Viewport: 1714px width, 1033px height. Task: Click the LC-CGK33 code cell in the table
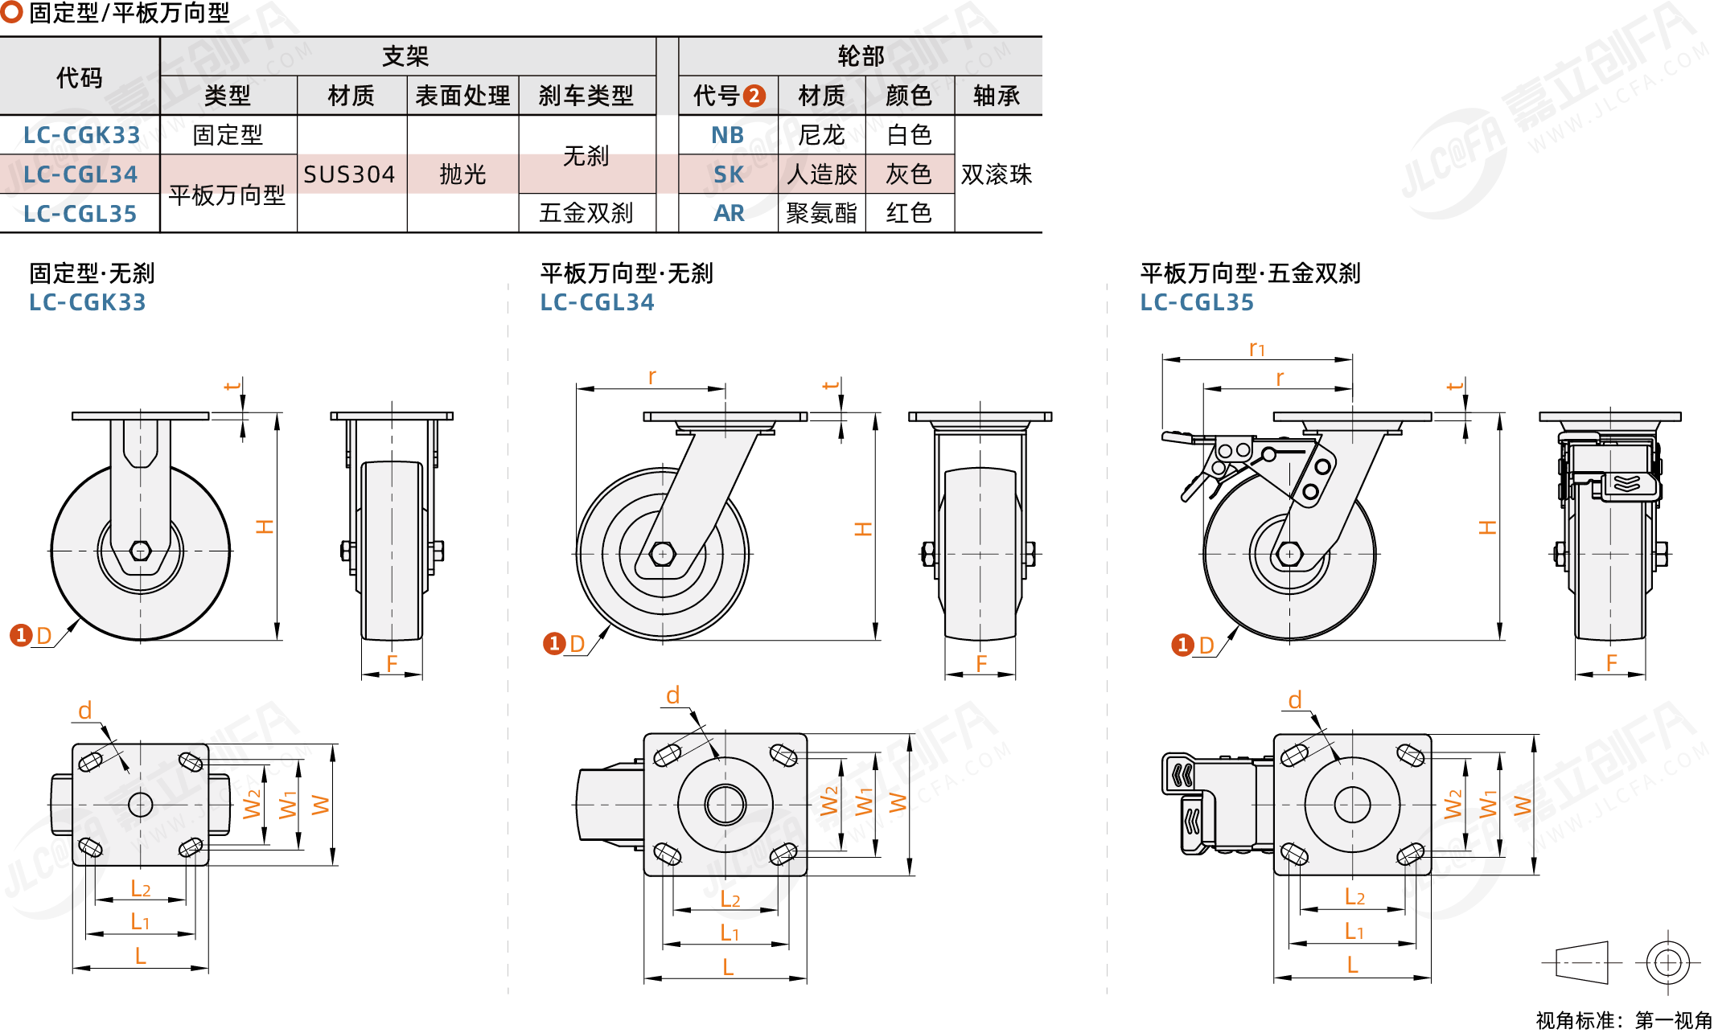click(x=81, y=135)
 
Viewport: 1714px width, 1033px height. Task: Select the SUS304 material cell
click(x=349, y=174)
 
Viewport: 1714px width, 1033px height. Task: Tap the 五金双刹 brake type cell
click(x=586, y=213)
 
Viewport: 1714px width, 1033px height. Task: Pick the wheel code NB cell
click(x=727, y=135)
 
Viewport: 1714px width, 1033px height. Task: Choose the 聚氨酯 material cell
click(x=821, y=213)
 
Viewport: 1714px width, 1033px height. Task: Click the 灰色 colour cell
click(x=909, y=174)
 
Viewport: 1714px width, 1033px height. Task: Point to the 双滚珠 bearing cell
click(x=997, y=174)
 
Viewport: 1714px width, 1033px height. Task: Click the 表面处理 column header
click(x=462, y=96)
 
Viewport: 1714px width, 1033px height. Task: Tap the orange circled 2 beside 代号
click(x=754, y=96)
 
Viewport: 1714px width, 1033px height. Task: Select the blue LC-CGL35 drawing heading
click(x=1197, y=302)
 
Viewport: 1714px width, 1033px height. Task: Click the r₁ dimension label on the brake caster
click(x=1256, y=348)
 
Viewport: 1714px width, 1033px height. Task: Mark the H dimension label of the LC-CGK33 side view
click(x=265, y=527)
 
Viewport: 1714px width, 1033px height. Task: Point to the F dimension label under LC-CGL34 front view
click(x=981, y=663)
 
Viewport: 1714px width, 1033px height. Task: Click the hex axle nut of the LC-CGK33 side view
click(x=140, y=551)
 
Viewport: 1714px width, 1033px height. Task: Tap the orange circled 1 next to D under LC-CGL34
click(x=553, y=643)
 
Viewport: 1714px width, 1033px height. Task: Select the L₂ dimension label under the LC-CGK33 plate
click(x=140, y=888)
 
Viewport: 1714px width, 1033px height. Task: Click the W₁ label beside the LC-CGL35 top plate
click(x=1488, y=804)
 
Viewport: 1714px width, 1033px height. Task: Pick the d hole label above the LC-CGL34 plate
click(x=673, y=695)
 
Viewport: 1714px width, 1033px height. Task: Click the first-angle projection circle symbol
click(x=1667, y=961)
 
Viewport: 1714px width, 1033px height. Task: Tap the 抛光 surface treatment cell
click(x=462, y=174)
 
